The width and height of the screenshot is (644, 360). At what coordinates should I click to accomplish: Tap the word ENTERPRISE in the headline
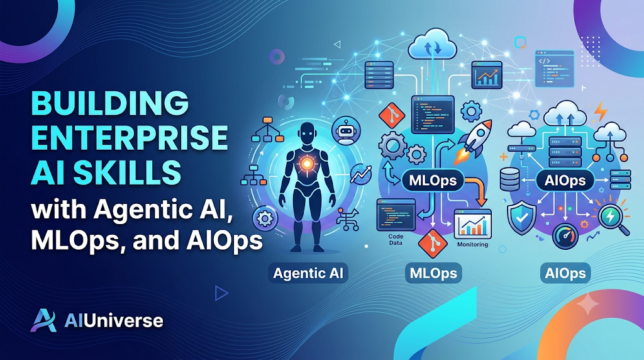point(130,137)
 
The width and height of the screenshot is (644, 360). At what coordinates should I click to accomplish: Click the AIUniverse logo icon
point(43,320)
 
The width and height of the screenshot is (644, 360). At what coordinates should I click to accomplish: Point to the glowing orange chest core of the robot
point(306,164)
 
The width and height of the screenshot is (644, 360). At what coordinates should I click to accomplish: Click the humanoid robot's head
point(306,133)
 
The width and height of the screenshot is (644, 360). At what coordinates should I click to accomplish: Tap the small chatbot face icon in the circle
point(346,131)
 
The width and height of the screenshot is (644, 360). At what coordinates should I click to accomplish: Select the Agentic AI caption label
point(308,273)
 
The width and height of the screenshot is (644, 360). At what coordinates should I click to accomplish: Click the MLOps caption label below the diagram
point(433,273)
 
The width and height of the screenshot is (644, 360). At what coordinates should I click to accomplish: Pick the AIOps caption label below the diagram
point(565,273)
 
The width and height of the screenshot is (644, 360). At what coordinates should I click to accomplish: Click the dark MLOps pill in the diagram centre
point(433,181)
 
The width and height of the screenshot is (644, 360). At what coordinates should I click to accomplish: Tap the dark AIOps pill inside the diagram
point(565,181)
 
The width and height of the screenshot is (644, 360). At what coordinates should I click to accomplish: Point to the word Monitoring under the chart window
point(472,245)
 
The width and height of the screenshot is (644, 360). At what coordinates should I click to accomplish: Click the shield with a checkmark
point(521,218)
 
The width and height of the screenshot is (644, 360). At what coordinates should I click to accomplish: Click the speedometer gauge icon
point(565,236)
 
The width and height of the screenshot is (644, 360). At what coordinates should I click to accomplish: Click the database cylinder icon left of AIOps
point(510,180)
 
